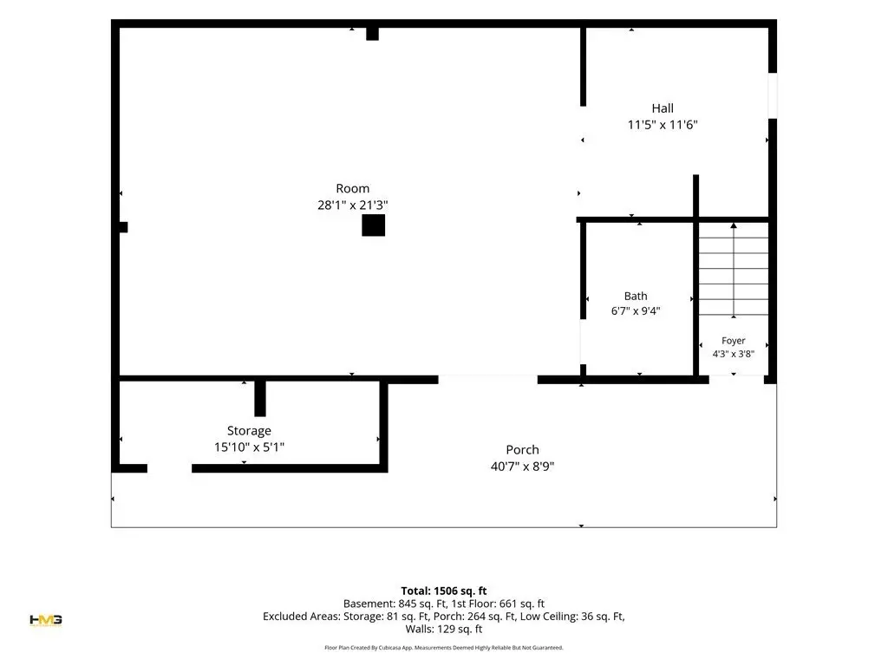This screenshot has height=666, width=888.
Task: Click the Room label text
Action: coord(352,188)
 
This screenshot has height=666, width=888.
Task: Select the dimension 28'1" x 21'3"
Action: coord(352,205)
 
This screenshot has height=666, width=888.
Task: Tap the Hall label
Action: coord(663,108)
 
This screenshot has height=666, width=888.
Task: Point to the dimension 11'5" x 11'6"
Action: coord(663,125)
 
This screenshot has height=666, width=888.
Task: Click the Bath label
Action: coord(636,297)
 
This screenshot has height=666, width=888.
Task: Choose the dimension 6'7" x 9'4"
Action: coord(636,311)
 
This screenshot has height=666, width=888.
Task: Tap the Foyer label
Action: coord(734,341)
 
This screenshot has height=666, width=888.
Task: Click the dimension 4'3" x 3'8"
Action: coord(734,354)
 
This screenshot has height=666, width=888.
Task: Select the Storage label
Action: coord(249,431)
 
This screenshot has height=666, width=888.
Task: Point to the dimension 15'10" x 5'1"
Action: coord(249,447)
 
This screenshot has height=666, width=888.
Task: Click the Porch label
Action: coord(522,450)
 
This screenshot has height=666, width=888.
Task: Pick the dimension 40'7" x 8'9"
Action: coord(522,467)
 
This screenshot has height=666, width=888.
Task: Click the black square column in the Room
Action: coord(374,225)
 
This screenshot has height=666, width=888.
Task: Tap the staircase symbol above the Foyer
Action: coord(734,270)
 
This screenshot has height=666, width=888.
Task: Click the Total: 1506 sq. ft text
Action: coord(444,591)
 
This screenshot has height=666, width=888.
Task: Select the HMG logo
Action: coord(46,620)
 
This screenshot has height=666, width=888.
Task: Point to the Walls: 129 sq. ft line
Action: coord(444,630)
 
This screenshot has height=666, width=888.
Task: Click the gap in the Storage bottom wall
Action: coord(170,468)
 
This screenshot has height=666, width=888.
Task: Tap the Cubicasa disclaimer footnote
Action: coord(444,647)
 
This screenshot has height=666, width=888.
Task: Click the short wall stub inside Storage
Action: coord(260,399)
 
